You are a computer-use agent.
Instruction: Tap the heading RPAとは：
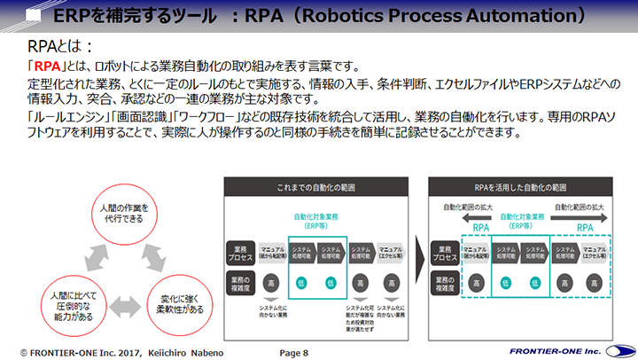pyautogui.click(x=60, y=46)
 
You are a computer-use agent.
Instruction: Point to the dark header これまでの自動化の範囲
pyautogui.click(x=317, y=188)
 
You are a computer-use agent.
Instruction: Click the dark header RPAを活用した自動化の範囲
pyautogui.click(x=520, y=188)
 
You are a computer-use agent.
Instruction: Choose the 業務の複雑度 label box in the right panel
pyautogui.click(x=444, y=284)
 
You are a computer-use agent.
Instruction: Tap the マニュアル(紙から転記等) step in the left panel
pyautogui.click(x=274, y=252)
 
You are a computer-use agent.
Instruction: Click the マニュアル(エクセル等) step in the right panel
pyautogui.click(x=595, y=252)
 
